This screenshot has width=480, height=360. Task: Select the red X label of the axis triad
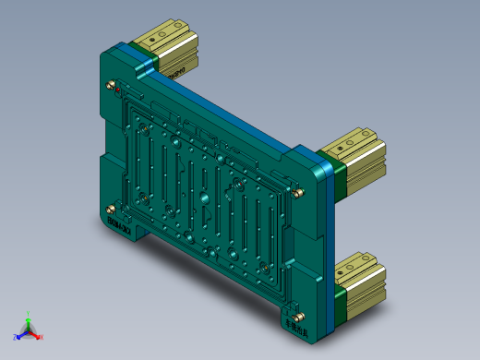pyautogui.click(x=41, y=337)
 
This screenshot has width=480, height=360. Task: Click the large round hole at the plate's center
pyautogui.click(x=200, y=198)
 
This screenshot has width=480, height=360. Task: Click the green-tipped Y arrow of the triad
pyautogui.click(x=29, y=319)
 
